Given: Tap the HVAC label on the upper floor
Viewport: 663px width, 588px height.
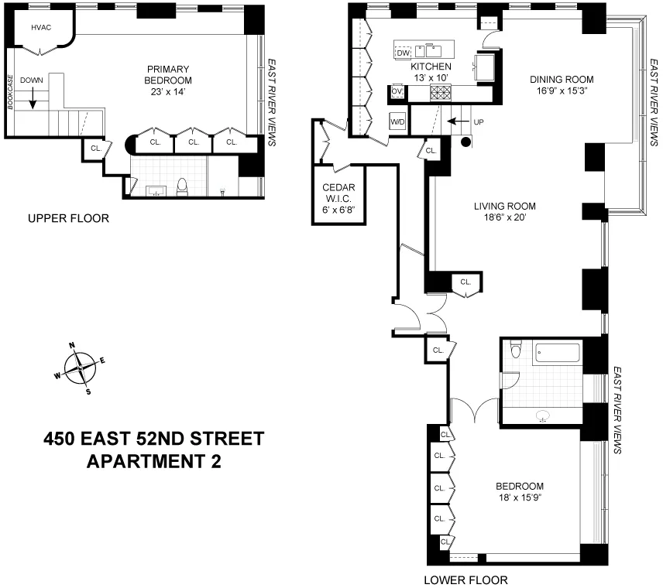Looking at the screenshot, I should coord(40,27).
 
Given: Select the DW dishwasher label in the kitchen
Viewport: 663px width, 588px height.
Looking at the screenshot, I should coord(403,53).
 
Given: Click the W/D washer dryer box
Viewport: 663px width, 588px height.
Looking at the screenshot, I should coord(397,122).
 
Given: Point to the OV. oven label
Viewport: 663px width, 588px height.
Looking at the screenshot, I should coord(397,91).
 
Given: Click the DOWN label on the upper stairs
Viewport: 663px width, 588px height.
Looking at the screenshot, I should coord(32,80).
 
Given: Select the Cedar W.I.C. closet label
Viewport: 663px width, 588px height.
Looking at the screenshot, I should coord(338,198).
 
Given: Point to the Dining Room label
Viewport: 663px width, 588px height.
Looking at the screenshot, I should coord(562,79).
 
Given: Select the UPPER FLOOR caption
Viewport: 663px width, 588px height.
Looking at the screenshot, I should coord(68,219).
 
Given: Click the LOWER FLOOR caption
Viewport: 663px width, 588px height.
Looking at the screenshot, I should coord(465,579).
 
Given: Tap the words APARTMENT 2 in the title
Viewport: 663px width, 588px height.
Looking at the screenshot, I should coord(153,462).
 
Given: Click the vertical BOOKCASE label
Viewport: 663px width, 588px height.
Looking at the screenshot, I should coord(10,93).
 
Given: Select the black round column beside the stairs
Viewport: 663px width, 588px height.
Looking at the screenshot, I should coord(466,142).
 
